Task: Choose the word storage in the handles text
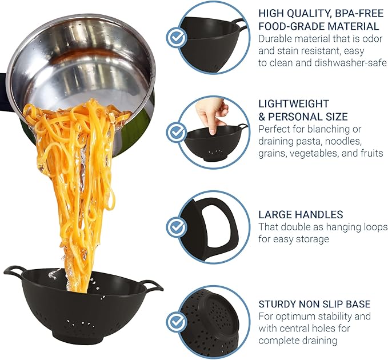311,239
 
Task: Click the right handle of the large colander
151,285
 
